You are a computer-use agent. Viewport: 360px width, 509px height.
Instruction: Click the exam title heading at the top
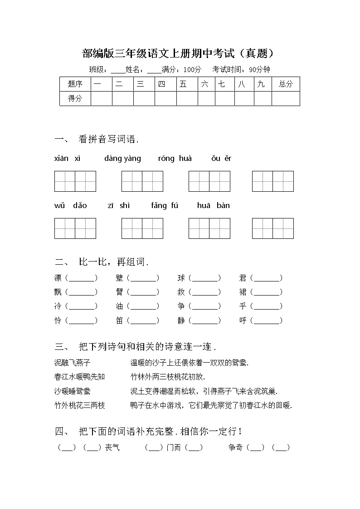[x=179, y=54]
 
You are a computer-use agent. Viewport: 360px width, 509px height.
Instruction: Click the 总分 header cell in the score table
[x=286, y=84]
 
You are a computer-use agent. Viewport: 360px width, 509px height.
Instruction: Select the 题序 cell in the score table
[x=75, y=84]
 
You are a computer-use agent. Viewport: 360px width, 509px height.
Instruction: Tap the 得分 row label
[x=75, y=98]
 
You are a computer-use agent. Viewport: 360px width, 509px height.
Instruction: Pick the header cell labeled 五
[x=183, y=84]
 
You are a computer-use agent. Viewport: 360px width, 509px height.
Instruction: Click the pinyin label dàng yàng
[x=122, y=158]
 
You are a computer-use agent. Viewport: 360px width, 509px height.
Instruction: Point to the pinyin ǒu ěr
[x=221, y=158]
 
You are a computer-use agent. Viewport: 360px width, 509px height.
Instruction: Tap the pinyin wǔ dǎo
[x=70, y=205]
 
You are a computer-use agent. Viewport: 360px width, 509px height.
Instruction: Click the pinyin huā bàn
[x=213, y=205]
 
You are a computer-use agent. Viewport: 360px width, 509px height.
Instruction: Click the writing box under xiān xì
[x=75, y=181]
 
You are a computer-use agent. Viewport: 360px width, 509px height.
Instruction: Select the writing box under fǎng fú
[x=209, y=228]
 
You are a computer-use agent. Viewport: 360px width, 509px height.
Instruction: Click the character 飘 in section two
[x=58, y=292]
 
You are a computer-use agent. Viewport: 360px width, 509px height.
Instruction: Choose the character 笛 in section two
[x=120, y=320]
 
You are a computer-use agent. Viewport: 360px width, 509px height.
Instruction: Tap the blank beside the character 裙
[x=267, y=292]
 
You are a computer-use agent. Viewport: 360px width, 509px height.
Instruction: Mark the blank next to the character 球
[x=205, y=278]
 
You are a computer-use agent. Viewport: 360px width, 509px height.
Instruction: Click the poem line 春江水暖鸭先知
[x=79, y=377]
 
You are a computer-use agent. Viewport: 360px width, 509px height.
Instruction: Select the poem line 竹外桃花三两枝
[x=79, y=405]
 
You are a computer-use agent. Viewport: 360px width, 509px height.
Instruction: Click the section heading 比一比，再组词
[x=113, y=262]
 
